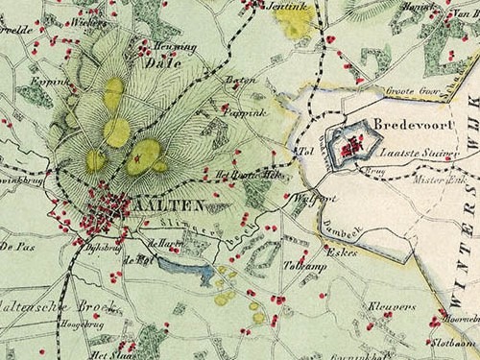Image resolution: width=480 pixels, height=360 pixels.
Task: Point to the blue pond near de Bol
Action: click(187, 273)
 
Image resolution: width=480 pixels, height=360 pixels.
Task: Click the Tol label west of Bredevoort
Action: click(307, 151)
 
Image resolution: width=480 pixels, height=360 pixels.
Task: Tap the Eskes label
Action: click(343, 252)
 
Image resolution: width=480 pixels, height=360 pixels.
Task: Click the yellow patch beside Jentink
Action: click(294, 21)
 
